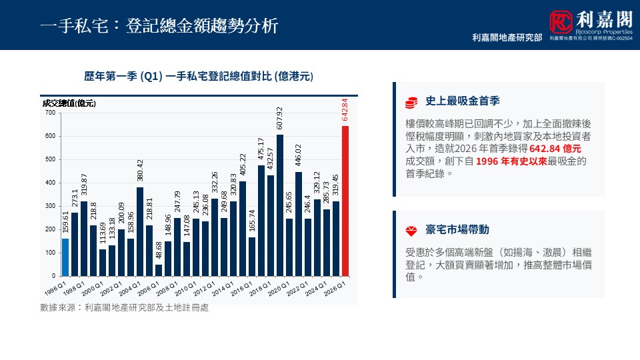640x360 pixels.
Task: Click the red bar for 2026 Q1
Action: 345,201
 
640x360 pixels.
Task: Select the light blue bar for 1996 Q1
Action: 65,257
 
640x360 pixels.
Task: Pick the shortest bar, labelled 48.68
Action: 159,270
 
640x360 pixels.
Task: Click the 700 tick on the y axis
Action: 50,113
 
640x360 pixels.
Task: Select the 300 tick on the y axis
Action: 50,206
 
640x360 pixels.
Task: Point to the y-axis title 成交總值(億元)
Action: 69,103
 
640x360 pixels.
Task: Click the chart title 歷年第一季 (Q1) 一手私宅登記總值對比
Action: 199,77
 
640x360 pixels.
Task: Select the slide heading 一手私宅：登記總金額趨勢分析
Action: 159,25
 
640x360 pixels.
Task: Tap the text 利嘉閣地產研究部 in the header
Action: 507,38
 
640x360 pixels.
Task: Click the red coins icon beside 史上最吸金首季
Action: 411,102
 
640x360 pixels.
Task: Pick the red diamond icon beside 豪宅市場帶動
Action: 411,231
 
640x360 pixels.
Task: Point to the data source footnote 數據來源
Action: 124,308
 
